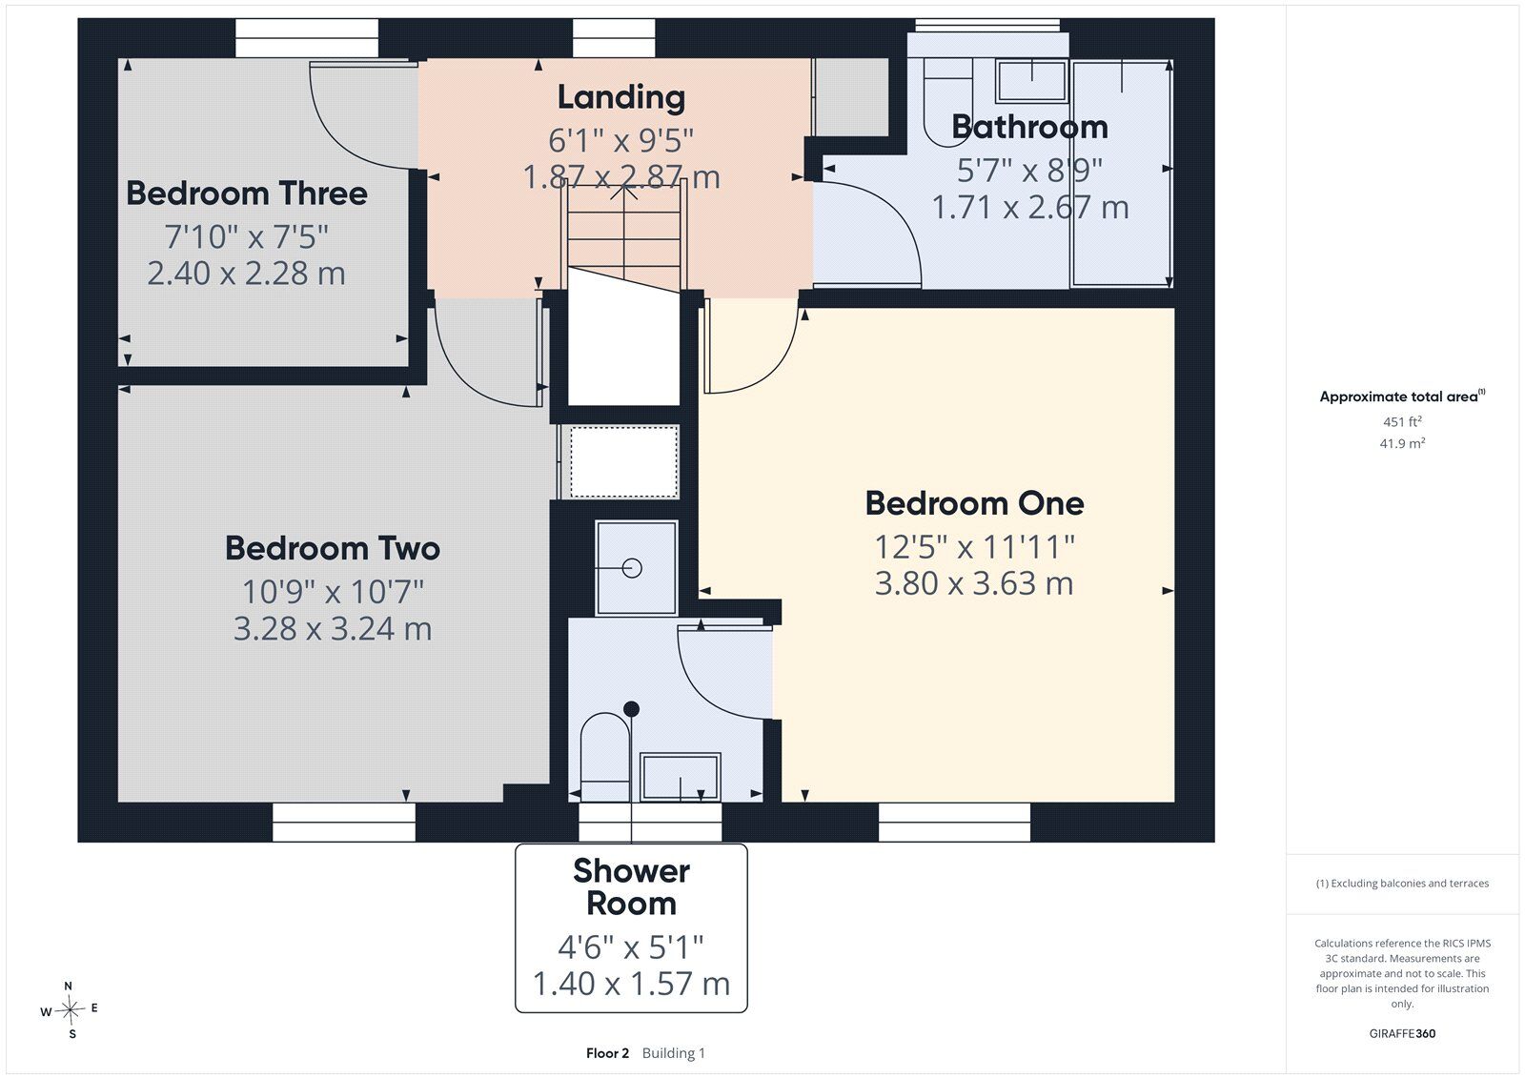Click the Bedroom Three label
pos(247,193)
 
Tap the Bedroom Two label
pos(333,548)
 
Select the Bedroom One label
pos(974,504)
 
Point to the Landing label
pos(620,97)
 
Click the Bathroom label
pos(1029,127)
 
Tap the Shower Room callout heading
pos(631,886)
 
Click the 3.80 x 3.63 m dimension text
pos(973,583)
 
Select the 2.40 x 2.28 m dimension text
pos(247,274)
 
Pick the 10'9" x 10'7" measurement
pos(333,591)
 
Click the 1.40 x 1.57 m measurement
pos(631,984)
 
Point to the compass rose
pos(70,1010)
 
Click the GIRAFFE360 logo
pos(1402,1033)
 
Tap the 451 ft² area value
pos(1402,421)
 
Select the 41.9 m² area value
pos(1402,443)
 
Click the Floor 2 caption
pos(607,1053)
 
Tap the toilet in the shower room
pos(604,756)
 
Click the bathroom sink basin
pos(1030,80)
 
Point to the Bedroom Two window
pos(344,822)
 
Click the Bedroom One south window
pos(954,822)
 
